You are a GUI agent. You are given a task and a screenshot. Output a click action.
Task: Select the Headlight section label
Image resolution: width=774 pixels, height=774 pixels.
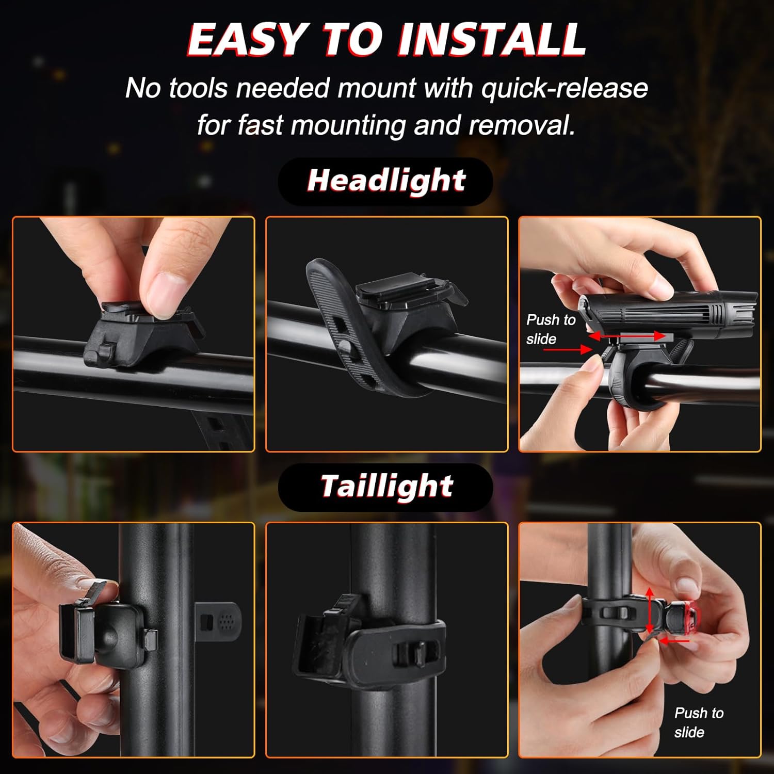[x=386, y=181]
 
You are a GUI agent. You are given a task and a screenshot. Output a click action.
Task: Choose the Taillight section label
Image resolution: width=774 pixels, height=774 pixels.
[x=386, y=486]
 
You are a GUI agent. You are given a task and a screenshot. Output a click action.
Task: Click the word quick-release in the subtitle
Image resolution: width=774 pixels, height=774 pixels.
[x=565, y=88]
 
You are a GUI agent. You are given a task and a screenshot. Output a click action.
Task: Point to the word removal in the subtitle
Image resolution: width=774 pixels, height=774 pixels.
[x=521, y=125]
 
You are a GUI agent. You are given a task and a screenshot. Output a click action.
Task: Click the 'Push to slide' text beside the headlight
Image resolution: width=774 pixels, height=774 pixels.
[x=550, y=329]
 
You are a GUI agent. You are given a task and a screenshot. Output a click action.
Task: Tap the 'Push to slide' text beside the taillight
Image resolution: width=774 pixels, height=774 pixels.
[x=698, y=722]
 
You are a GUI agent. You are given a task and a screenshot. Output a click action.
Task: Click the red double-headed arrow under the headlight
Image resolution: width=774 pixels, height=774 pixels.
[x=627, y=336]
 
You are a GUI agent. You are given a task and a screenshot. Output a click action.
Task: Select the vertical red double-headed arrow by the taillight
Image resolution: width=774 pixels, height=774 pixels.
[x=650, y=610]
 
